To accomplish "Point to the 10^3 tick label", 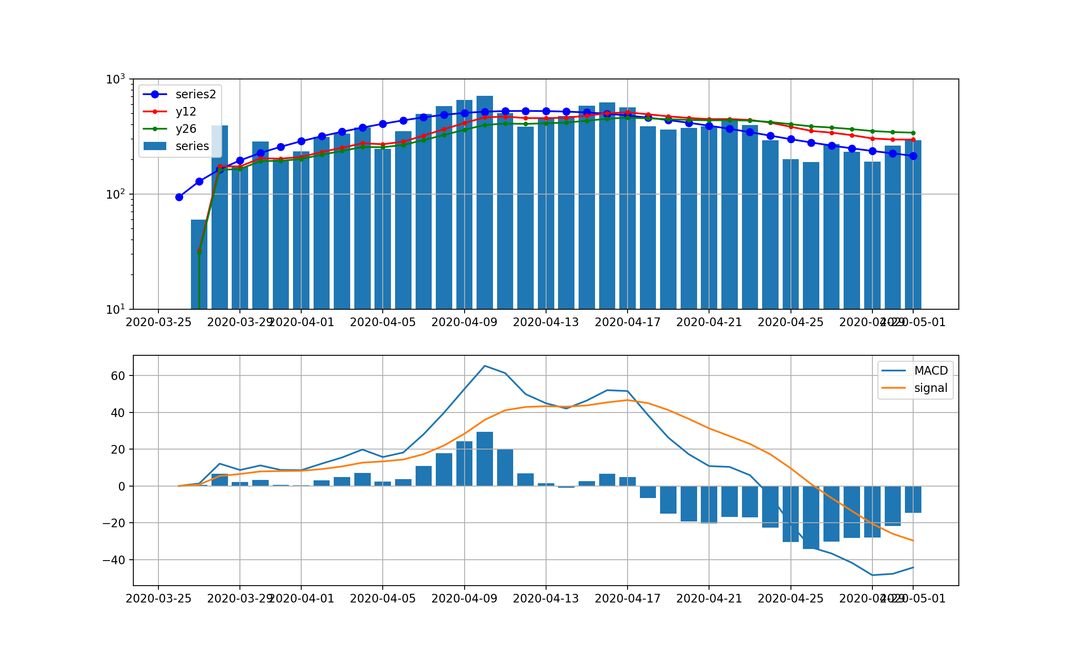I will [x=115, y=80].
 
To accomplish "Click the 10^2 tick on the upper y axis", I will [x=115, y=195].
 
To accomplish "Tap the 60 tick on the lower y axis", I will [x=118, y=376].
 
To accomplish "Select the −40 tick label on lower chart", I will [x=114, y=560].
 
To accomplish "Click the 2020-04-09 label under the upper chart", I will [x=464, y=322].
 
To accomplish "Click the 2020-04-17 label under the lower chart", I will [x=628, y=599].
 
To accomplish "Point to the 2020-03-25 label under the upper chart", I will [x=158, y=322].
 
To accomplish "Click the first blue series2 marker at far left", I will [x=179, y=197].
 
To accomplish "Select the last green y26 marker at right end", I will [x=913, y=133].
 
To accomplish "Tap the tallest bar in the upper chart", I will [x=485, y=200].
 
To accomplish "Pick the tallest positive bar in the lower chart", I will [x=485, y=459].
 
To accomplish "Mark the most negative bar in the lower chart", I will [x=811, y=518].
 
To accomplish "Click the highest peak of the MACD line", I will [x=485, y=366].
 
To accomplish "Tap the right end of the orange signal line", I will [x=913, y=541].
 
